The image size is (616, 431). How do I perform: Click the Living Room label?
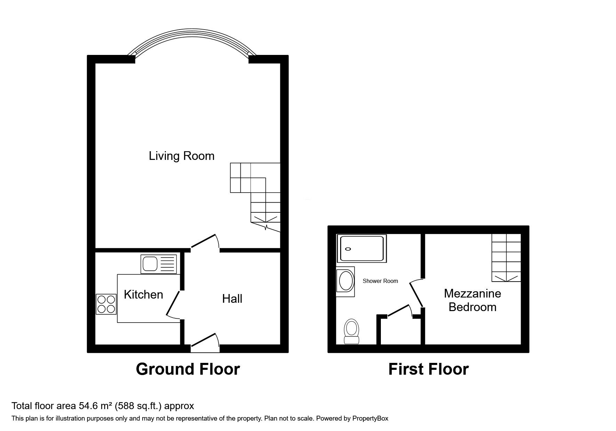pyautogui.click(x=182, y=156)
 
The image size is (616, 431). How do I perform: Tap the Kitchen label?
pyautogui.click(x=143, y=294)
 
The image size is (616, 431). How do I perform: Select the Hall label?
pyautogui.click(x=232, y=299)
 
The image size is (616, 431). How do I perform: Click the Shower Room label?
pyautogui.click(x=380, y=281)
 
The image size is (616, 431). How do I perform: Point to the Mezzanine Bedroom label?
pyautogui.click(x=472, y=300)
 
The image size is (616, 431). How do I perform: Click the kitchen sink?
pyautogui.click(x=159, y=264)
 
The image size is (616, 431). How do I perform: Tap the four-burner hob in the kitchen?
pyautogui.click(x=106, y=304)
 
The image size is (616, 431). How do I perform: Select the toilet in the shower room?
pyautogui.click(x=351, y=332)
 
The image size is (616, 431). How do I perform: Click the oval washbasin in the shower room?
pyautogui.click(x=345, y=282)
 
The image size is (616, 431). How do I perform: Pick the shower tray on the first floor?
pyautogui.click(x=362, y=249)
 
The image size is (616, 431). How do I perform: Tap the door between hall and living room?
pyautogui.click(x=205, y=242)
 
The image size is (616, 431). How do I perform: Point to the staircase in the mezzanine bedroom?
pyautogui.click(x=506, y=258)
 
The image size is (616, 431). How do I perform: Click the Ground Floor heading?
pyautogui.click(x=188, y=369)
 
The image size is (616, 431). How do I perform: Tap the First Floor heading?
pyautogui.click(x=428, y=369)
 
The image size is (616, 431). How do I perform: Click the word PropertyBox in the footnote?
pyautogui.click(x=370, y=418)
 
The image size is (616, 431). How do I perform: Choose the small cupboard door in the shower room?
pyautogui.click(x=400, y=310)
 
